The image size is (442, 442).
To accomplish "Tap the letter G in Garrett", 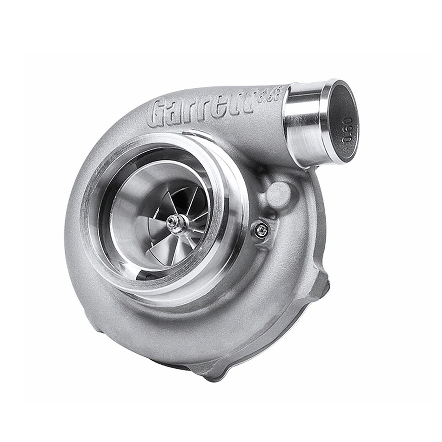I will [158, 114].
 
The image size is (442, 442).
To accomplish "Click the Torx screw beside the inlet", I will [261, 230].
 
